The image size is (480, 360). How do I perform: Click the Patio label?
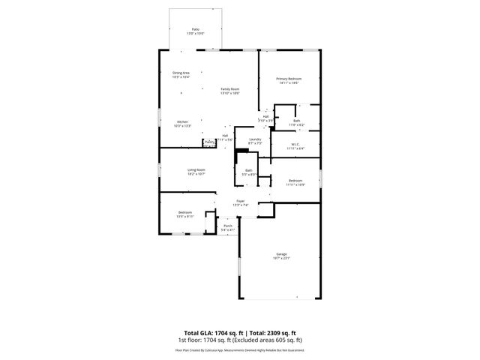[195, 29]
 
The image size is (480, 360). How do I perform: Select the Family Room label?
[229, 88]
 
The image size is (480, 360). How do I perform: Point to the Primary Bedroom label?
[289, 78]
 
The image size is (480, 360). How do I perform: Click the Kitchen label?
[182, 121]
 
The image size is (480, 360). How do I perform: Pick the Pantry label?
[209, 142]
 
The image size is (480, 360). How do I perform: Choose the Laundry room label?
[255, 139]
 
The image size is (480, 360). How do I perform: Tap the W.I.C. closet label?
[295, 145]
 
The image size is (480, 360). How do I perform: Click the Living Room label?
[196, 170]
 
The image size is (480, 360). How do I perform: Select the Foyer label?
[240, 201]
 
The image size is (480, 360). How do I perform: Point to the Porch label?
[228, 226]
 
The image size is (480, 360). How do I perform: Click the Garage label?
[281, 255]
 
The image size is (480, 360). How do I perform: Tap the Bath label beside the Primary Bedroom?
[297, 121]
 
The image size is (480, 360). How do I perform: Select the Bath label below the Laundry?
[249, 170]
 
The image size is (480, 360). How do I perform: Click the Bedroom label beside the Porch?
[184, 212]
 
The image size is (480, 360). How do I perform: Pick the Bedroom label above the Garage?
[296, 180]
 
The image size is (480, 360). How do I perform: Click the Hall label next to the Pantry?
[224, 136]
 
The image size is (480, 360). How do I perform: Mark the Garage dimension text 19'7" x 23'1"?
[281, 259]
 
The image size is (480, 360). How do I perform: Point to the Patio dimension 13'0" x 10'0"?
[195, 34]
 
